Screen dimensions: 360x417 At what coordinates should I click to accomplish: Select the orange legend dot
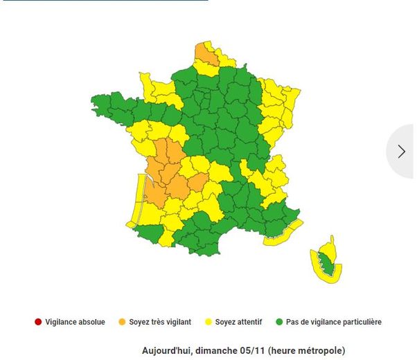(122, 322)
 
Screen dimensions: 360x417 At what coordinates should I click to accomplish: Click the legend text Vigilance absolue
(76, 322)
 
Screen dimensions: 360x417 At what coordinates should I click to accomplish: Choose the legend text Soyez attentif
(239, 322)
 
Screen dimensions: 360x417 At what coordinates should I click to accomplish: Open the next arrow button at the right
(402, 152)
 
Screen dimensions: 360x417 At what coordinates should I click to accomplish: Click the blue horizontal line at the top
(104, 1)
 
